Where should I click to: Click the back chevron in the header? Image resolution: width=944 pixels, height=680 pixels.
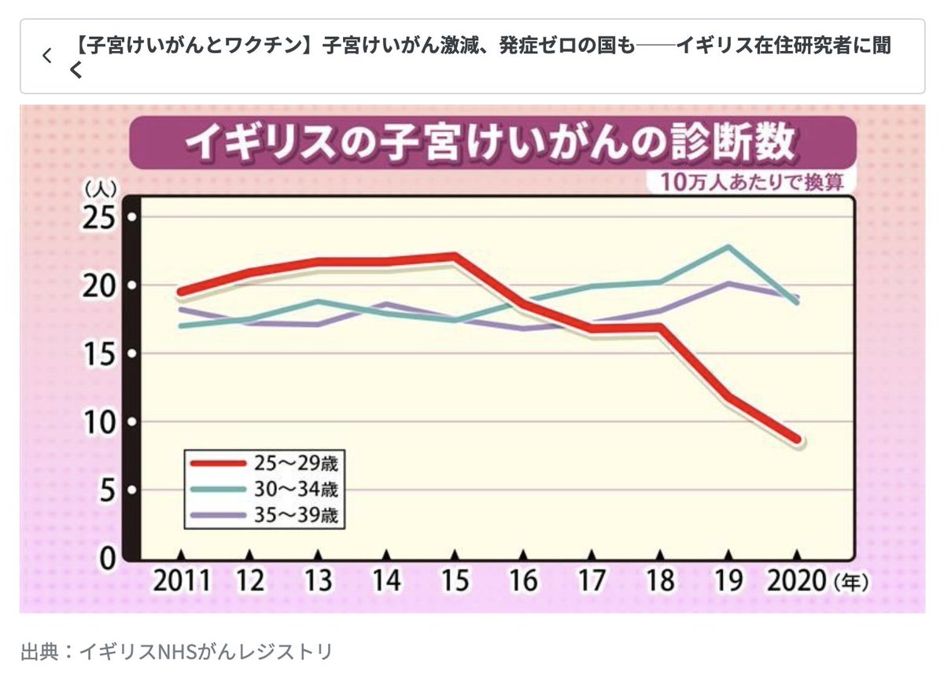click(x=46, y=56)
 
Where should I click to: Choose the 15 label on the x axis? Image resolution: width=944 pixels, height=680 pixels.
click(x=454, y=582)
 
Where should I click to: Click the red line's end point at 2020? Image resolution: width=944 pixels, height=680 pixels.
click(x=798, y=439)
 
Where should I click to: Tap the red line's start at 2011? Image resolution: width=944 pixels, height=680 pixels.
click(x=181, y=292)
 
